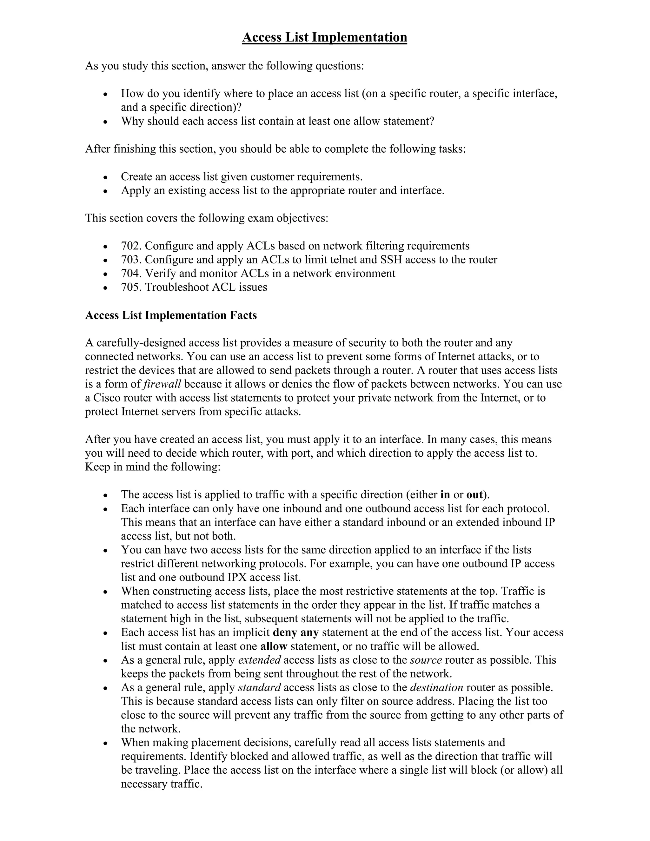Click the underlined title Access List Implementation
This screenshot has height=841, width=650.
324,37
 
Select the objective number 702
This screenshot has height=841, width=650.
131,246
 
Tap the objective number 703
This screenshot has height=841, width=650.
131,260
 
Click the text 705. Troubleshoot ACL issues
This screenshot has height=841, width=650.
194,287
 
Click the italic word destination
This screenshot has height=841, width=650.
436,688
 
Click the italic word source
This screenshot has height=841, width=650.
426,660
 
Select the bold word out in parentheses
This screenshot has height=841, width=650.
474,494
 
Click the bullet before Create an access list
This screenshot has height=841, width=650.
105,177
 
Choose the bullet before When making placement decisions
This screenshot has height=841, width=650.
105,743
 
